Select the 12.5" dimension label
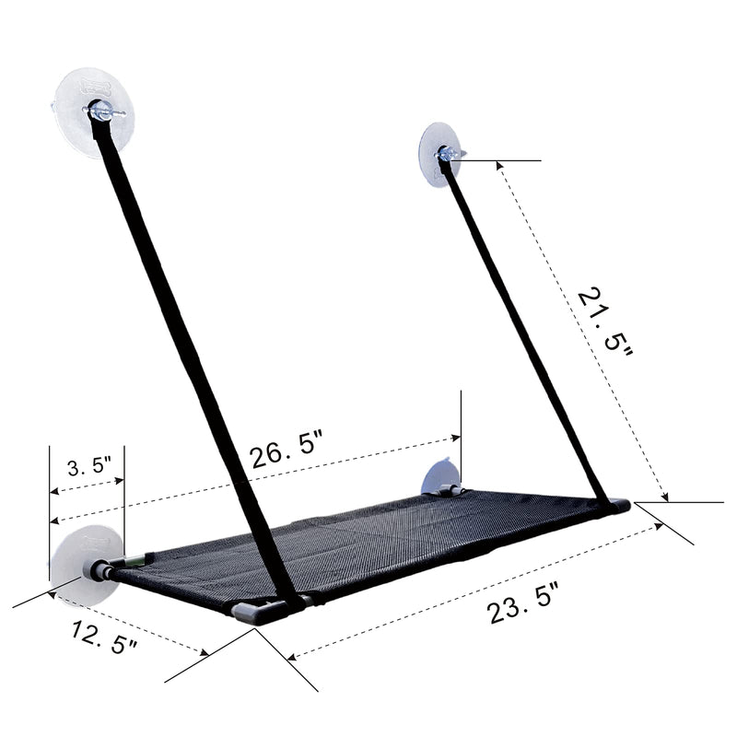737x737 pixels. coord(104,638)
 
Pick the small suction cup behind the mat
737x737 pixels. coord(439,479)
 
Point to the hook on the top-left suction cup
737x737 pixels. coord(95,112)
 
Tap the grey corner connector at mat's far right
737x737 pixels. coord(617,505)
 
